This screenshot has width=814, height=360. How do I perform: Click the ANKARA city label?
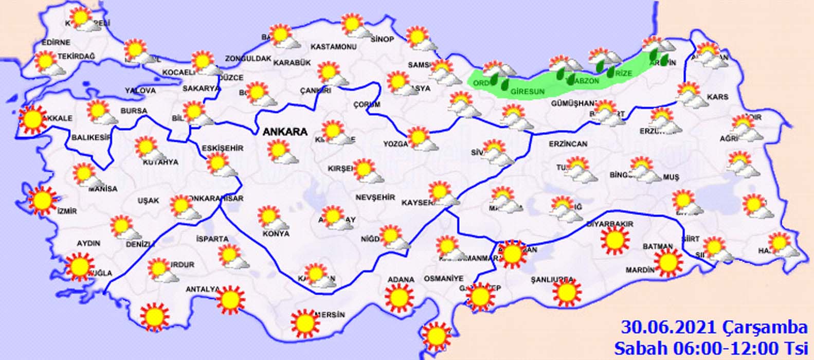[x=285, y=132]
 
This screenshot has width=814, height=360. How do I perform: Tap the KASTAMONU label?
[x=333, y=47]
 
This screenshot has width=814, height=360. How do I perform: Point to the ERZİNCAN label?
[x=568, y=144]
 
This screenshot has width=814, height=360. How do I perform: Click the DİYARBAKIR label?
[x=610, y=224]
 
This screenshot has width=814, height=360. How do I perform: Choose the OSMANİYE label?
[x=444, y=278]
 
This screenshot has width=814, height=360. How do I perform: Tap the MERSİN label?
[x=329, y=314]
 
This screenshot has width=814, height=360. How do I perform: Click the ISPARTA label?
[x=212, y=239]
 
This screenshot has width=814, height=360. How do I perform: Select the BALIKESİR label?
[x=92, y=138]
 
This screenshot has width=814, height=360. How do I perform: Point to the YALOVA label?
[x=140, y=91]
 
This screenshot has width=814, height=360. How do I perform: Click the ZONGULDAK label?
[x=248, y=59]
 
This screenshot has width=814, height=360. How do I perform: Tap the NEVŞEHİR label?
[x=375, y=197]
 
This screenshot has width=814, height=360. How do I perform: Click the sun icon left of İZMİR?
[x=42, y=200]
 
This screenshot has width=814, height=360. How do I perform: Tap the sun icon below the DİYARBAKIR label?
[x=614, y=240]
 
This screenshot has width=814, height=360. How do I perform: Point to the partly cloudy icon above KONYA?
[x=271, y=219]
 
